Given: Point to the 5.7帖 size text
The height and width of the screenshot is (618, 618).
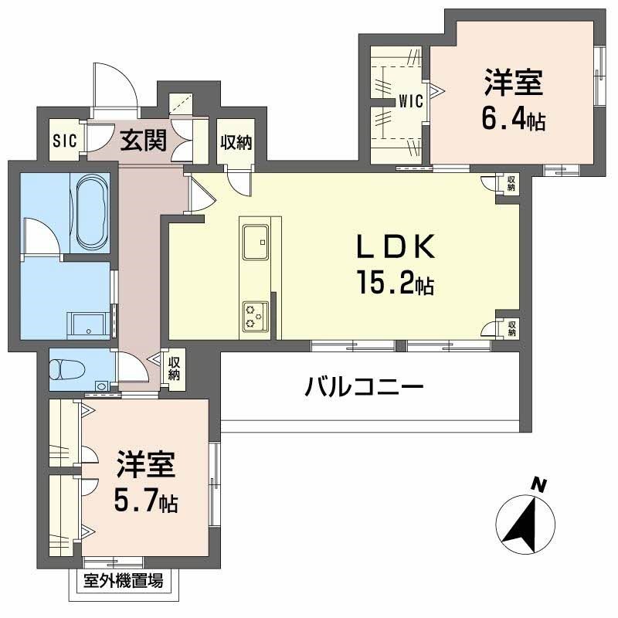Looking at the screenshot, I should [146, 501].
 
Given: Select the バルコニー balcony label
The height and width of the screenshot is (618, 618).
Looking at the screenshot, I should [363, 385].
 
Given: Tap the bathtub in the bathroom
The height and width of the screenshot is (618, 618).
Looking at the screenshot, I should [91, 211].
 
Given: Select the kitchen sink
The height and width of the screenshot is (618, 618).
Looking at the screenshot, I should [255, 241].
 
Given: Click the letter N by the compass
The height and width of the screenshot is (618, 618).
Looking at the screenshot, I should [540, 486].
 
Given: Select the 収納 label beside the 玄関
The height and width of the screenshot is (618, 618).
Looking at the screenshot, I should [235, 142].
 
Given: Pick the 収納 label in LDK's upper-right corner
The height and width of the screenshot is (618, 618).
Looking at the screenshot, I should [511, 182].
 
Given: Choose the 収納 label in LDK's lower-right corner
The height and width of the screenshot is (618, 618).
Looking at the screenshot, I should [511, 328].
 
